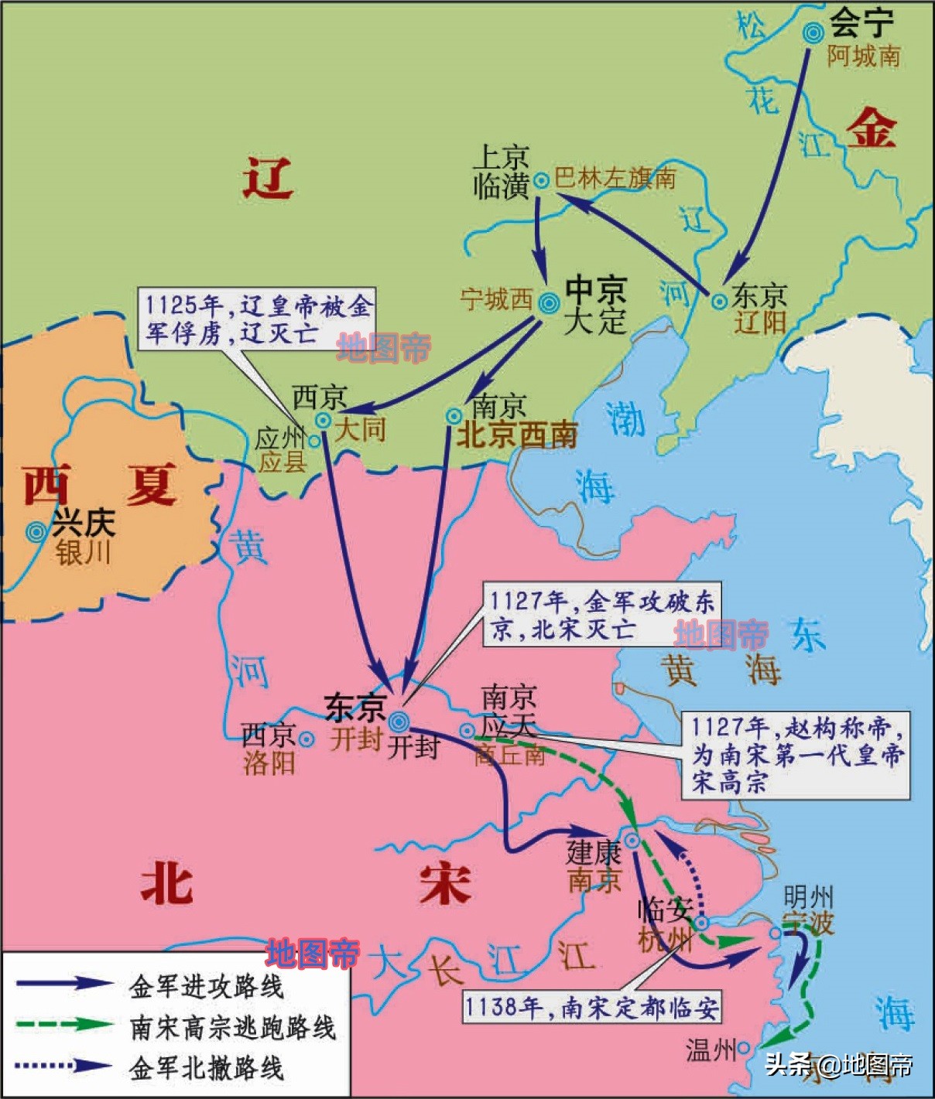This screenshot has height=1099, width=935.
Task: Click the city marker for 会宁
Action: pyautogui.click(x=813, y=32)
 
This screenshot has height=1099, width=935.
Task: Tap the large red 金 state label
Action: pyautogui.click(x=872, y=128)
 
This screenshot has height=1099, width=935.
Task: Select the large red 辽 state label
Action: pyautogui.click(x=268, y=179)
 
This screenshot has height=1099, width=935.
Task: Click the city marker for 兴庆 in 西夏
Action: pyautogui.click(x=35, y=531)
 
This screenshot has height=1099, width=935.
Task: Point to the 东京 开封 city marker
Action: pyautogui.click(x=399, y=722)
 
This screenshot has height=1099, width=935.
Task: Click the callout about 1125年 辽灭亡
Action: pyautogui.click(x=256, y=319)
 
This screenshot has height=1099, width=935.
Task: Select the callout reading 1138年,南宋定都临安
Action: pyautogui.click(x=592, y=1007)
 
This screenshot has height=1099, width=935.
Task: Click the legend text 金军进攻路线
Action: pyautogui.click(x=207, y=987)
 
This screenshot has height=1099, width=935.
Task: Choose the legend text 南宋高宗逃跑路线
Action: pyautogui.click(x=233, y=1027)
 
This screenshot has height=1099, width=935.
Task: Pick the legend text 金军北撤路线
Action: pyautogui.click(x=207, y=1068)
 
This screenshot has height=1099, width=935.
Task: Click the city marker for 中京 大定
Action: pyautogui.click(x=549, y=303)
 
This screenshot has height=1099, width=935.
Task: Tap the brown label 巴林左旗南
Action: pyautogui.click(x=615, y=179)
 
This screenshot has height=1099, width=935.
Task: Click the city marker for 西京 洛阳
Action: pyautogui.click(x=307, y=739)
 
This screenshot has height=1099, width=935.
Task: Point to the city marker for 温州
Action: pyautogui.click(x=743, y=1049)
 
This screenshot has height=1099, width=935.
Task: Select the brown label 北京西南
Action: pyautogui.click(x=517, y=435)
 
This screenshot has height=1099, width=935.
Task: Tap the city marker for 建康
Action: pyautogui.click(x=632, y=841)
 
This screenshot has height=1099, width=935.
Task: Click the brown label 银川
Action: pyautogui.click(x=84, y=553)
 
